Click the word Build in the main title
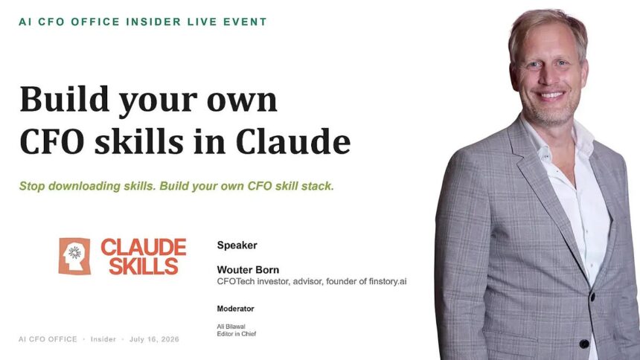coord(64,99)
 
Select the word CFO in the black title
coord(52,141)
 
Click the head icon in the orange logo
coord(74,257)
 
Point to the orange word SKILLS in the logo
coord(144,266)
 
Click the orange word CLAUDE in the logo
coord(144,248)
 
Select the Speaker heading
coord(237,245)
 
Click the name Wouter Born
coord(248,270)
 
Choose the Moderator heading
coord(235,309)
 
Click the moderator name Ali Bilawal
coord(231,327)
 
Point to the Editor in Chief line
coord(237,334)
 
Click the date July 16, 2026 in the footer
coord(154,339)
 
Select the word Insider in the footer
coord(103,339)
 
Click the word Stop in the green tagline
coord(32,186)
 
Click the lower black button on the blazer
coord(584,344)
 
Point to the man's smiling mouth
coord(551,96)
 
